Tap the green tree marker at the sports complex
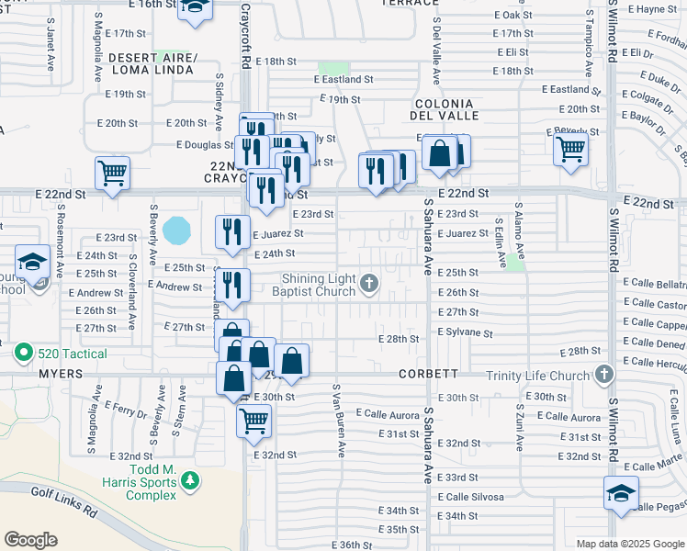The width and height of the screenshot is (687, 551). [x=189, y=479]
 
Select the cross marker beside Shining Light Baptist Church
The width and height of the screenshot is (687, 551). [x=369, y=283]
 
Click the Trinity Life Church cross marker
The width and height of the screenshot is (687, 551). [x=603, y=374]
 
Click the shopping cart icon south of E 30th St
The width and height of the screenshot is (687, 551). [x=253, y=422]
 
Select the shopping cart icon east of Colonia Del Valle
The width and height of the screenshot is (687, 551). [x=571, y=148]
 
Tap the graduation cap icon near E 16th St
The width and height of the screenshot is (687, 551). [x=195, y=8]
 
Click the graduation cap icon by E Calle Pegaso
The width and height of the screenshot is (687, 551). [x=621, y=493]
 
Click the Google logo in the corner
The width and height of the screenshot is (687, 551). [x=31, y=540]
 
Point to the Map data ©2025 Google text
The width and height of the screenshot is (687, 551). [x=630, y=544]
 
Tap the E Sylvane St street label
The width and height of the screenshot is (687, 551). [x=466, y=334]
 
